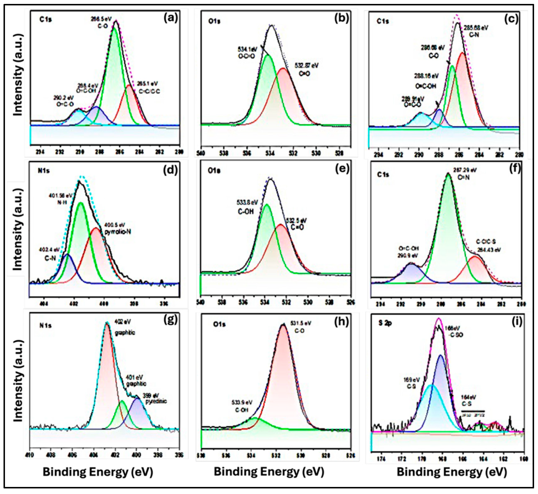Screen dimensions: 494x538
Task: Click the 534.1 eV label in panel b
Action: click(x=247, y=49)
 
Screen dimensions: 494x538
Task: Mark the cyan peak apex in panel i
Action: click(x=431, y=386)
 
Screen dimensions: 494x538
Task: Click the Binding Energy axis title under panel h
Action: click(x=269, y=472)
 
